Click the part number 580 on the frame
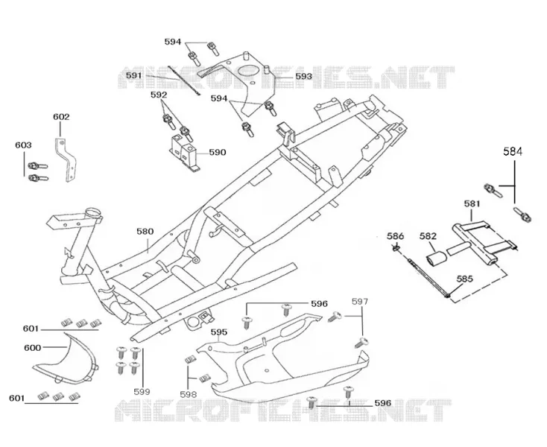145,232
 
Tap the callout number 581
472,203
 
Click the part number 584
513,151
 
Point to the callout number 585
465,279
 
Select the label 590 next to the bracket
218,153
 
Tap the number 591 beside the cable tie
134,75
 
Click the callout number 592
159,95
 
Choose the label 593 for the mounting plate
303,76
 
